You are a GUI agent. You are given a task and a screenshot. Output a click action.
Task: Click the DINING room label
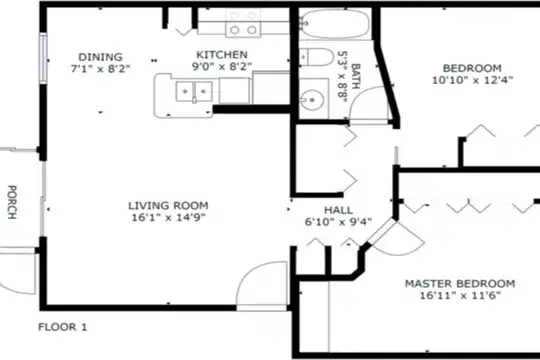100,57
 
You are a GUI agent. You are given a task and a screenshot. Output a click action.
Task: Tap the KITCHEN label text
222,55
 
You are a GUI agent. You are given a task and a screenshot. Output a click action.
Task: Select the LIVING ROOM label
168,206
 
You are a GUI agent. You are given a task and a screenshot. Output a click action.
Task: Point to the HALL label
339,210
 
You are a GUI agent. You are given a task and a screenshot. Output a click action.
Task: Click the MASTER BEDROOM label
460,284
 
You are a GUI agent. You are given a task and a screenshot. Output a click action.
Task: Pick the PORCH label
12,202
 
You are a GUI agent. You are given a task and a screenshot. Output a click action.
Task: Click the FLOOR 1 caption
63,327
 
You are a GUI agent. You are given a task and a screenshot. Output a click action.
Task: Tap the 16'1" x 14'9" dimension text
169,217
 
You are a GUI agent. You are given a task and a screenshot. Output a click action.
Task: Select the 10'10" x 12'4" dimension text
472,80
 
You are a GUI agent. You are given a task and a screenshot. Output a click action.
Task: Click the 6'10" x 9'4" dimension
339,222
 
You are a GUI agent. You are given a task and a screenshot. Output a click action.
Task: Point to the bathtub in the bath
335,23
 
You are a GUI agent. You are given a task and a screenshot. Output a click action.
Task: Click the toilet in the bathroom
316,57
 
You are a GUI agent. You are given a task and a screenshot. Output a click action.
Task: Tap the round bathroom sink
313,100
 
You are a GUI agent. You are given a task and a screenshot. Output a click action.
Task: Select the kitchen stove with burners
243,23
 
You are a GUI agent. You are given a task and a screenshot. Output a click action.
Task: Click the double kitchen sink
194,92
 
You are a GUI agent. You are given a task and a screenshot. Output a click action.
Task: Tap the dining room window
43,58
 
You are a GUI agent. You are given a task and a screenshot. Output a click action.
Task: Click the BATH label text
355,76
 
